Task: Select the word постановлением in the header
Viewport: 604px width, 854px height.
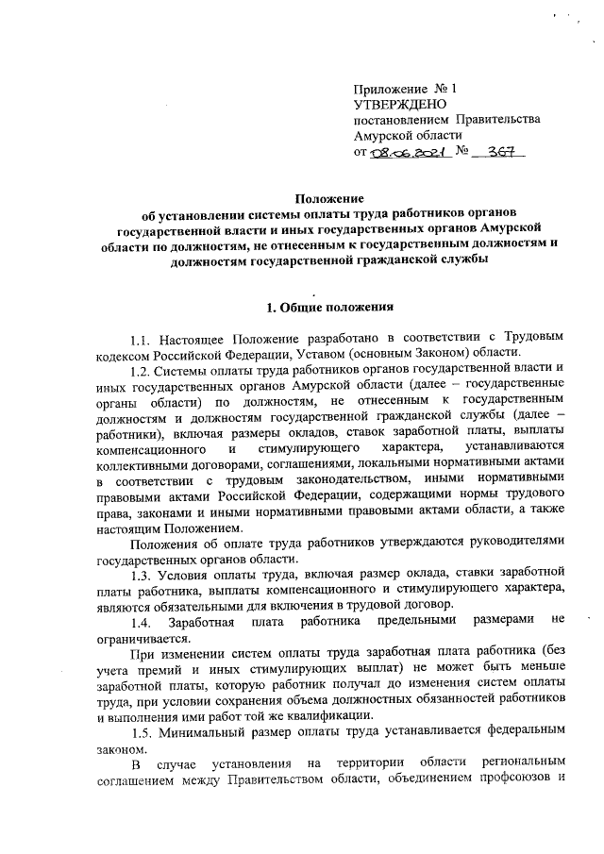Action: [400, 120]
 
